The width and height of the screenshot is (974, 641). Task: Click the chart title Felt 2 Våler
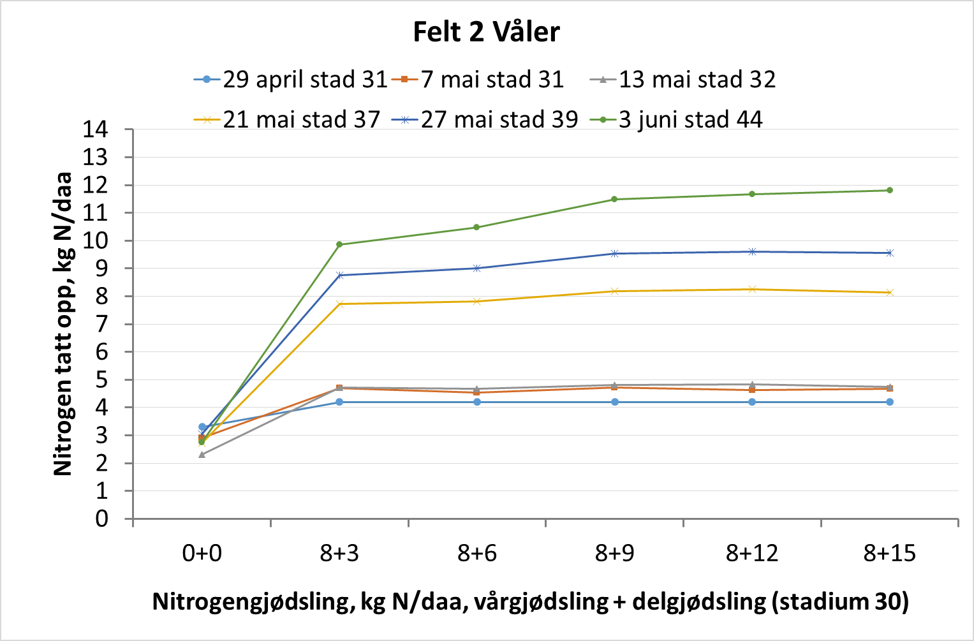(x=486, y=32)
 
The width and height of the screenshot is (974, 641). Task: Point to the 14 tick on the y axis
(x=96, y=129)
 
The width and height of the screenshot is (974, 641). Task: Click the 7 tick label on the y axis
(x=102, y=324)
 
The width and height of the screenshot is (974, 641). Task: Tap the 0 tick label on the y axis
(x=102, y=519)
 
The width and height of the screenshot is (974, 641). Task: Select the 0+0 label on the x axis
(x=202, y=554)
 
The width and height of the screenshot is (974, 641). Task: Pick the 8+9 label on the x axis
(x=614, y=554)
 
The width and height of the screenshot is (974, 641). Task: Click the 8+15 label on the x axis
(x=889, y=554)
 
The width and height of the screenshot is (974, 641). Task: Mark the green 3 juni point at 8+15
(x=889, y=190)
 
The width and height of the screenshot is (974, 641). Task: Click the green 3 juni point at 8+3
(x=339, y=244)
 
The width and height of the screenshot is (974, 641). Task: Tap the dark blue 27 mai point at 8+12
(x=752, y=252)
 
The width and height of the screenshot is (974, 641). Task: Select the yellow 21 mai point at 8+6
(x=476, y=301)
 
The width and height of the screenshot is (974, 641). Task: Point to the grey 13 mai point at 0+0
(x=202, y=455)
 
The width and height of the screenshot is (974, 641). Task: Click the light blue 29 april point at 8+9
(x=614, y=402)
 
